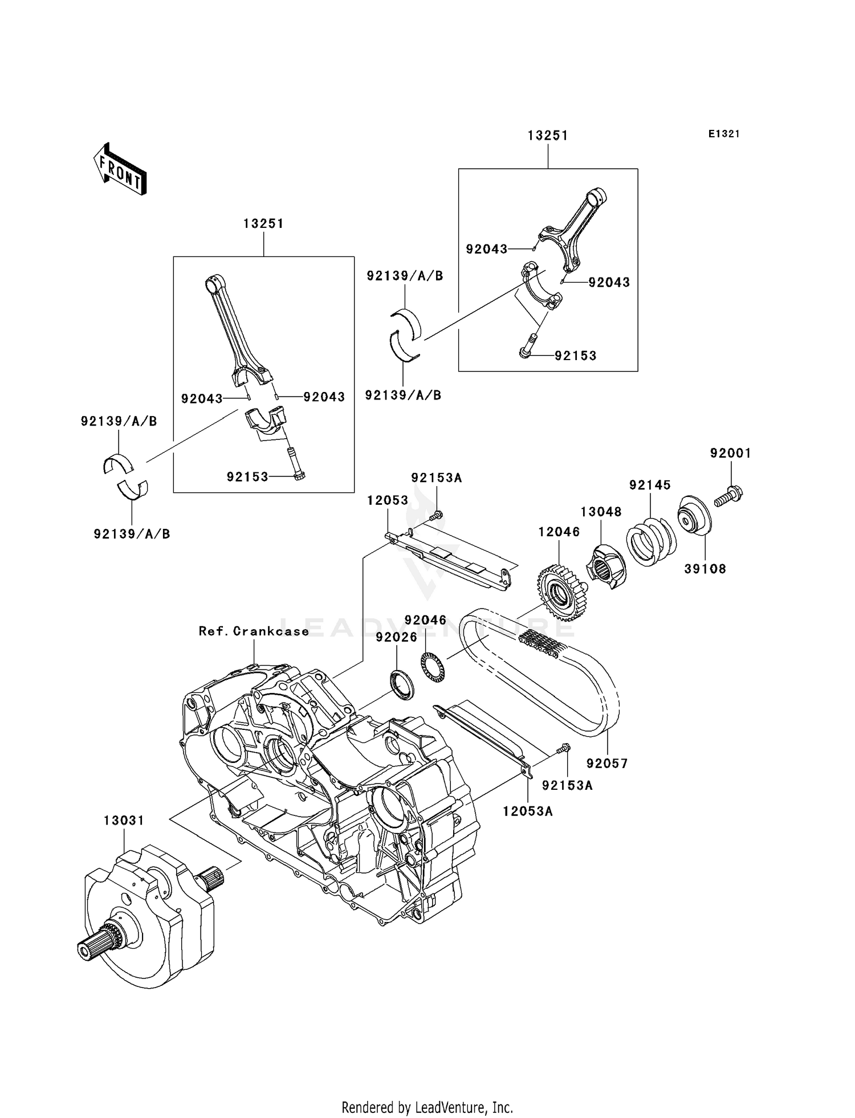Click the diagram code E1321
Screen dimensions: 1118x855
724,134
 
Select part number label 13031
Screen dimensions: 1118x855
124,821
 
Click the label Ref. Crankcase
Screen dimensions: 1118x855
254,631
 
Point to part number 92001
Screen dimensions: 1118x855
730,454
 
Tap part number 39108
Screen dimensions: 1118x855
705,569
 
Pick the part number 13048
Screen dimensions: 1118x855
601,512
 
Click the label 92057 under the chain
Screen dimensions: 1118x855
607,764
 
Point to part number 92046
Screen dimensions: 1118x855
425,620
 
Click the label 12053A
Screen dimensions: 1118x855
527,811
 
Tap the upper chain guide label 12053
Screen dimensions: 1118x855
388,500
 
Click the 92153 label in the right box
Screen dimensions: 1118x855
575,356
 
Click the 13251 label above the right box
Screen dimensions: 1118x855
548,136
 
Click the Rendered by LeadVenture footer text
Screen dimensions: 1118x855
427,1108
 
